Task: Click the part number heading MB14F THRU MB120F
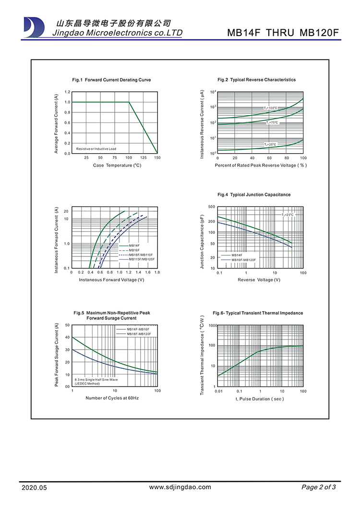(x=283, y=33)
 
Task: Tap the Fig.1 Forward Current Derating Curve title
(x=111, y=80)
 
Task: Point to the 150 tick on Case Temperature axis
(x=157, y=158)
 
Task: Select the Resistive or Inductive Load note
(x=96, y=149)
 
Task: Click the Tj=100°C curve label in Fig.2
(x=271, y=108)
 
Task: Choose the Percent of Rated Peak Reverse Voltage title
(x=261, y=165)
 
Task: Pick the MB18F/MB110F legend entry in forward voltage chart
(x=140, y=254)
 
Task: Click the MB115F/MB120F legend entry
(x=141, y=259)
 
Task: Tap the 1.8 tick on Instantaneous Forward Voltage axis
(x=157, y=272)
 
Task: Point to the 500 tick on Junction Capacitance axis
(x=212, y=207)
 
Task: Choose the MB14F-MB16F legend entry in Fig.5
(x=138, y=329)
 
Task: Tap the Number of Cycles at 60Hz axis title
(x=112, y=398)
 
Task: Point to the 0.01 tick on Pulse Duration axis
(x=218, y=391)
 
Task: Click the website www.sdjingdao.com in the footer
(x=180, y=487)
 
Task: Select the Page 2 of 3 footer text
(x=318, y=487)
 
